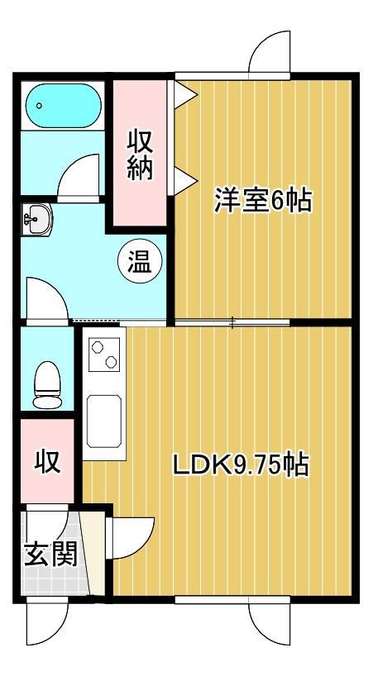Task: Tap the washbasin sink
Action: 36,221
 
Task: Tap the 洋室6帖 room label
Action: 263,201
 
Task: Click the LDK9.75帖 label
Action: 240,465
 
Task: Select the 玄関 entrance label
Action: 50,554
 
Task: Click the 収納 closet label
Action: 139,155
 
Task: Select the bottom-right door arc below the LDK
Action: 270,627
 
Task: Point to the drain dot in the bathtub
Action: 39,106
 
